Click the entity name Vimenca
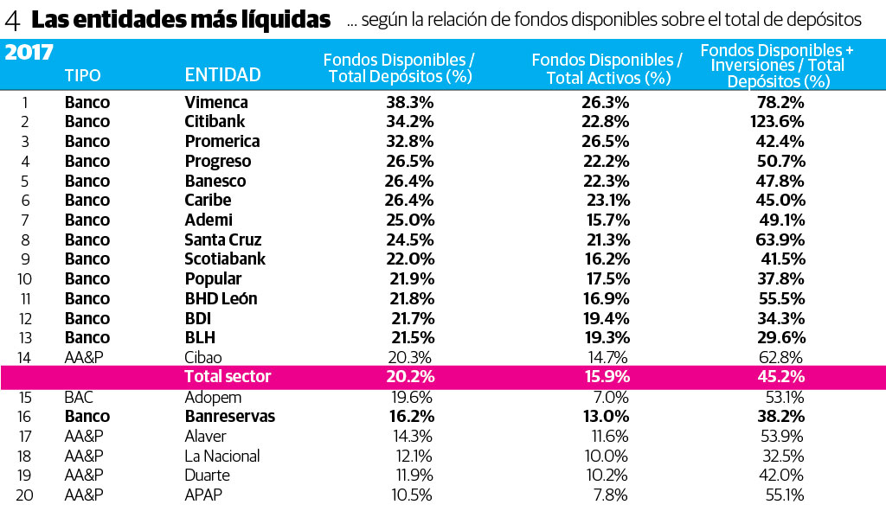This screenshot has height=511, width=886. click(216, 102)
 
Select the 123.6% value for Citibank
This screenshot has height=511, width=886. click(777, 122)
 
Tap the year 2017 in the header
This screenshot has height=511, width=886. click(29, 53)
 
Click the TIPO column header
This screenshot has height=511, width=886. click(82, 76)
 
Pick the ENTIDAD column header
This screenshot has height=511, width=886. click(223, 76)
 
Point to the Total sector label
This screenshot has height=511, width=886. click(228, 377)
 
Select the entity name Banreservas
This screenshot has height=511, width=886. click(230, 416)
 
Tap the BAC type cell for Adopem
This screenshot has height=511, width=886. click(79, 397)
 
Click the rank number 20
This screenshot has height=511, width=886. click(24, 495)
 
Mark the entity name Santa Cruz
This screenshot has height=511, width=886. click(223, 240)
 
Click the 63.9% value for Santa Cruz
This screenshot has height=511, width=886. click(781, 240)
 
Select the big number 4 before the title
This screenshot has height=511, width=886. click(14, 19)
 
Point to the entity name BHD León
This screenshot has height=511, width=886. click(221, 298)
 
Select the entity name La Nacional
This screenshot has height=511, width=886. click(222, 456)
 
